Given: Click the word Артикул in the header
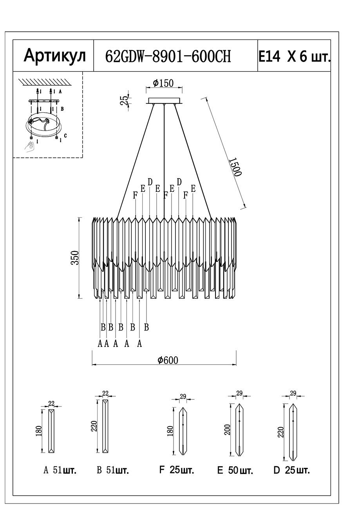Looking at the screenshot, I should click(54, 56).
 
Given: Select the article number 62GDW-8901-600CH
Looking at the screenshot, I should click(168, 57).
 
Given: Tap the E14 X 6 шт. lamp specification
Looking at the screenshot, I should click(294, 57).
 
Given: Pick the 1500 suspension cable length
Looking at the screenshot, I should click(235, 167).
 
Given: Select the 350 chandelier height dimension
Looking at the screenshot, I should click(75, 258).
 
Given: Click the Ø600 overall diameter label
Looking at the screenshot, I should click(168, 360).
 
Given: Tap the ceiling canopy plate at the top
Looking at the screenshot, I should click(164, 101).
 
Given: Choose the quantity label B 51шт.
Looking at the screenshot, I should click(113, 470).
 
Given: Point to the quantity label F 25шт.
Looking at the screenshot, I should click(176, 470).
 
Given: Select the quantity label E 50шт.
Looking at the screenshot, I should click(235, 470).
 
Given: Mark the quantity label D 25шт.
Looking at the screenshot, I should click(291, 470).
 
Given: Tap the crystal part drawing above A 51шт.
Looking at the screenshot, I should click(51, 431).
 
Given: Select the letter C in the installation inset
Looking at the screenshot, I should click(65, 135).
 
